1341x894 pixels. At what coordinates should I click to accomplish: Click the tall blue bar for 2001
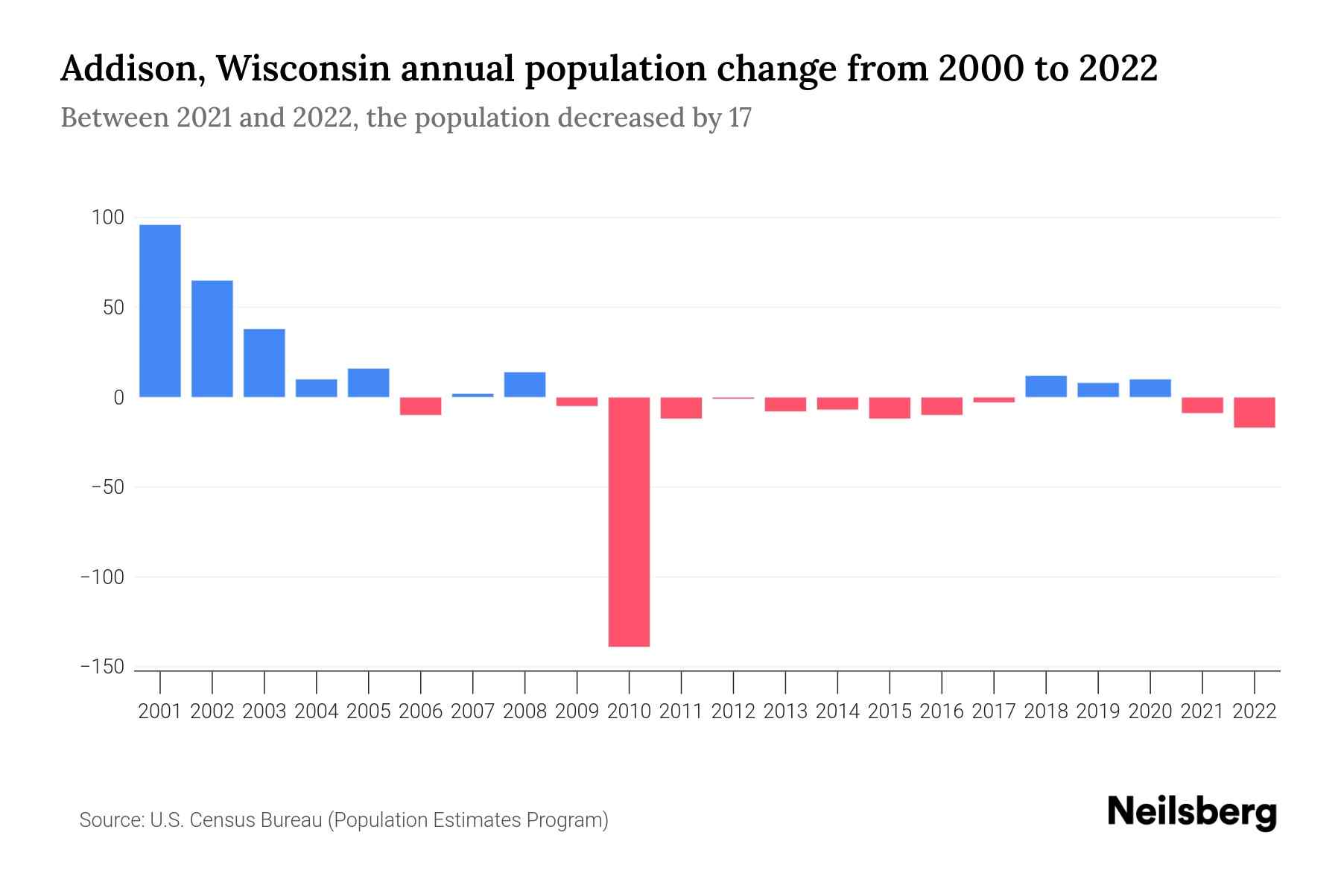[160, 311]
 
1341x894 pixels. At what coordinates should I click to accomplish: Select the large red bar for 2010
[629, 521]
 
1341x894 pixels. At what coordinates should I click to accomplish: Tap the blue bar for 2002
[212, 339]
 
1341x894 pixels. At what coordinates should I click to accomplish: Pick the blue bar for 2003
[264, 363]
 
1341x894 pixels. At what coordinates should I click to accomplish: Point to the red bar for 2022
[1255, 412]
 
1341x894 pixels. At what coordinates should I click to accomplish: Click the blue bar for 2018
[1046, 387]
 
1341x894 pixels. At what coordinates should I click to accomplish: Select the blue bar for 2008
[524, 384]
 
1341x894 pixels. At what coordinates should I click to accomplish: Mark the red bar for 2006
[421, 406]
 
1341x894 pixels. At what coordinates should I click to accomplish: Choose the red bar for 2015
[890, 408]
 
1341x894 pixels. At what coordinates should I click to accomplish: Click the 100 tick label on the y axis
[107, 218]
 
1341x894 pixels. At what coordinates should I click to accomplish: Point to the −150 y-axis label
[102, 667]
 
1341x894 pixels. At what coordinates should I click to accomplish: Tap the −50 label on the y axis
[107, 487]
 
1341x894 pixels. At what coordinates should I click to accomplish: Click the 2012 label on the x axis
[733, 711]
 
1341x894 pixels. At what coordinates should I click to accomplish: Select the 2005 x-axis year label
[369, 711]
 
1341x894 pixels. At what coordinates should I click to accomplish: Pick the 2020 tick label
[1150, 711]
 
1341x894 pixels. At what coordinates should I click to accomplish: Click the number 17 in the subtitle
[740, 118]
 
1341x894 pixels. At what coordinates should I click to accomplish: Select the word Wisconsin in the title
[302, 69]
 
